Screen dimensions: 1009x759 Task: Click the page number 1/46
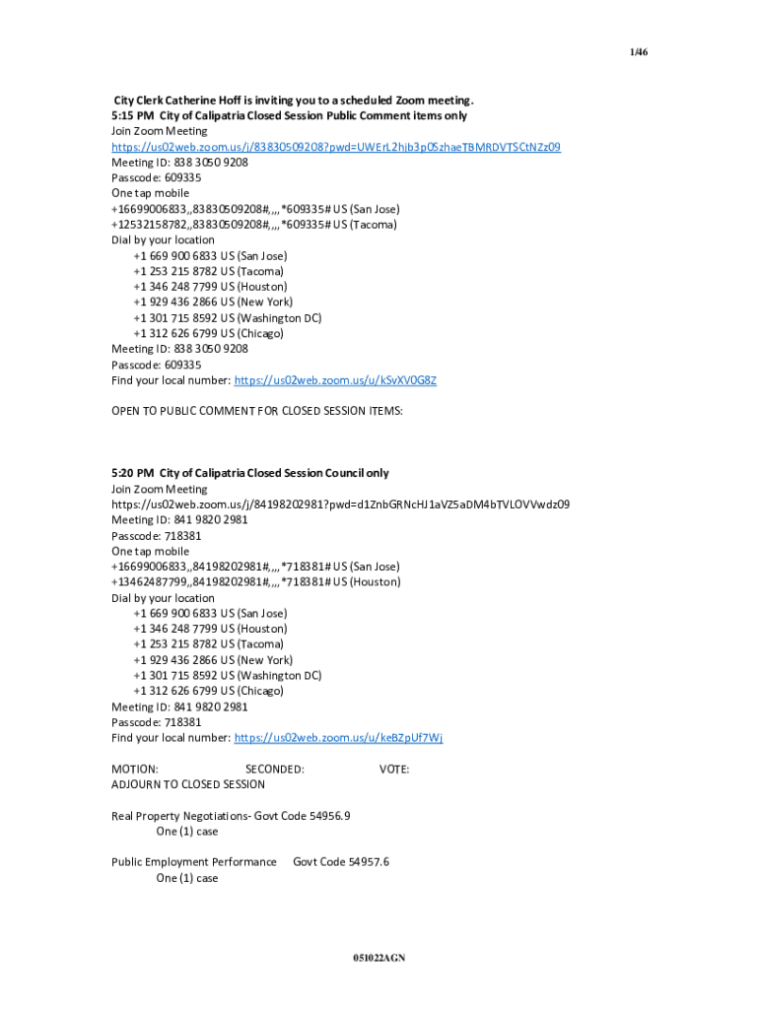pos(640,51)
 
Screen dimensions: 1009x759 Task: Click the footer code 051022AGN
pos(379,958)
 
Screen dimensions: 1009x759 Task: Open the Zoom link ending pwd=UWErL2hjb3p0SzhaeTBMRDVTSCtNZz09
pos(335,147)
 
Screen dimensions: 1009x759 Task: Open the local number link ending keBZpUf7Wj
pos(339,738)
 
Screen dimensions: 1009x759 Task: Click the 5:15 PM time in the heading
pos(132,115)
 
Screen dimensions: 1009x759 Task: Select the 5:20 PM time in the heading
pos(132,473)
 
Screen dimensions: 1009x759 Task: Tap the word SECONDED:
pos(274,769)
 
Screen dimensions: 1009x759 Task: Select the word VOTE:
pos(394,769)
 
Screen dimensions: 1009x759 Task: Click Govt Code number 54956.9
pos(329,816)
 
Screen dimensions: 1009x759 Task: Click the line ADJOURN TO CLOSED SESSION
pos(188,784)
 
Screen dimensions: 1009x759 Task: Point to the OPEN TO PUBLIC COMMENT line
pos(256,411)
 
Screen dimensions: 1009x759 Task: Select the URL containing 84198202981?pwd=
pos(340,504)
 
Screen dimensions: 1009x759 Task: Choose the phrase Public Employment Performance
pos(194,862)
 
